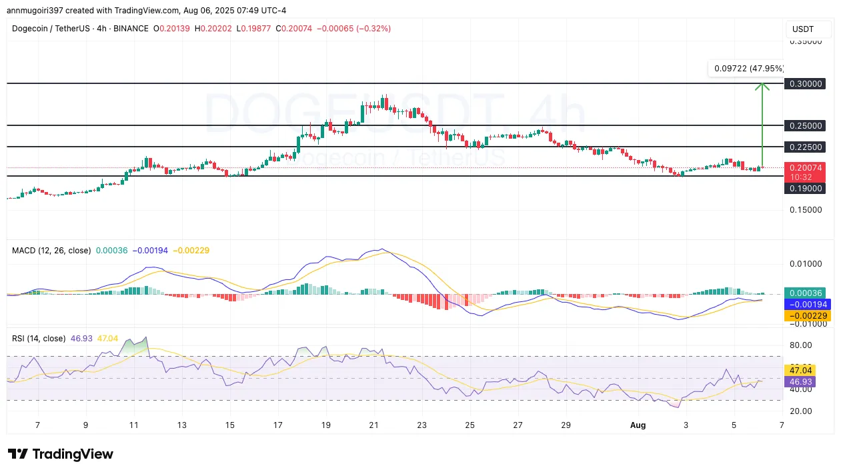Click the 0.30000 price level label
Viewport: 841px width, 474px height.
[806, 84]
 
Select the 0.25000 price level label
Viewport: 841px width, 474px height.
[806, 125]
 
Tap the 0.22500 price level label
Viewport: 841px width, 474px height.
[806, 147]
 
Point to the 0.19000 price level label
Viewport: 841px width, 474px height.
[806, 189]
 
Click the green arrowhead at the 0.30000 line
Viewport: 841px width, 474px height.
[762, 85]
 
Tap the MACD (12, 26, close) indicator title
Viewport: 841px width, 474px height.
[51, 251]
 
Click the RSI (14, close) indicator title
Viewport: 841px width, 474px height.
[39, 339]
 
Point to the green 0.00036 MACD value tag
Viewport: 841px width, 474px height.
[806, 293]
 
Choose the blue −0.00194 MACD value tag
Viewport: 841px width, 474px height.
[806, 304]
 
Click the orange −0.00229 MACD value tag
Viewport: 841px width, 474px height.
[806, 315]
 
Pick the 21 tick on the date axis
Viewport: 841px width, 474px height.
[374, 424]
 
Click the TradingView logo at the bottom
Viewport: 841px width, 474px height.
[61, 454]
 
